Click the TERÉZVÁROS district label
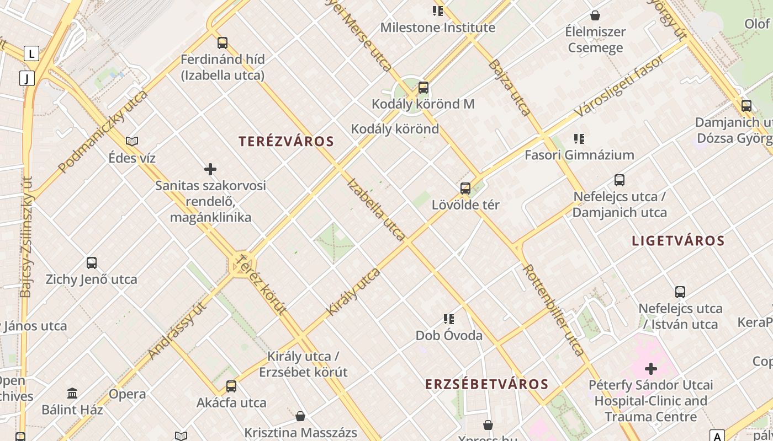[x=287, y=141]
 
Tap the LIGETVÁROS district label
[x=678, y=240]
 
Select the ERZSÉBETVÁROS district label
[x=486, y=384]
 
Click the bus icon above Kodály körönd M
[x=423, y=87]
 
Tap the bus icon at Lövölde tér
[x=465, y=189]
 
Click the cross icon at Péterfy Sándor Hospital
[x=651, y=368]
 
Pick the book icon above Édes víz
[x=132, y=142]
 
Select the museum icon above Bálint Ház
[x=72, y=394]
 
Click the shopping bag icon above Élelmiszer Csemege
[x=595, y=15]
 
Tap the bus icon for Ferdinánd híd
[x=223, y=42]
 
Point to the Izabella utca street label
[x=377, y=209]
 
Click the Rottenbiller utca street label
[x=553, y=310]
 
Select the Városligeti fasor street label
[x=619, y=86]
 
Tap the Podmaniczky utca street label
[x=103, y=132]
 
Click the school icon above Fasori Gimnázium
[x=579, y=139]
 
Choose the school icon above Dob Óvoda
[x=449, y=319]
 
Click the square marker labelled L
[x=31, y=53]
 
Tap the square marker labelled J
[x=27, y=78]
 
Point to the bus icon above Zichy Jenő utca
[x=92, y=263]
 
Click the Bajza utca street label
[x=509, y=87]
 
